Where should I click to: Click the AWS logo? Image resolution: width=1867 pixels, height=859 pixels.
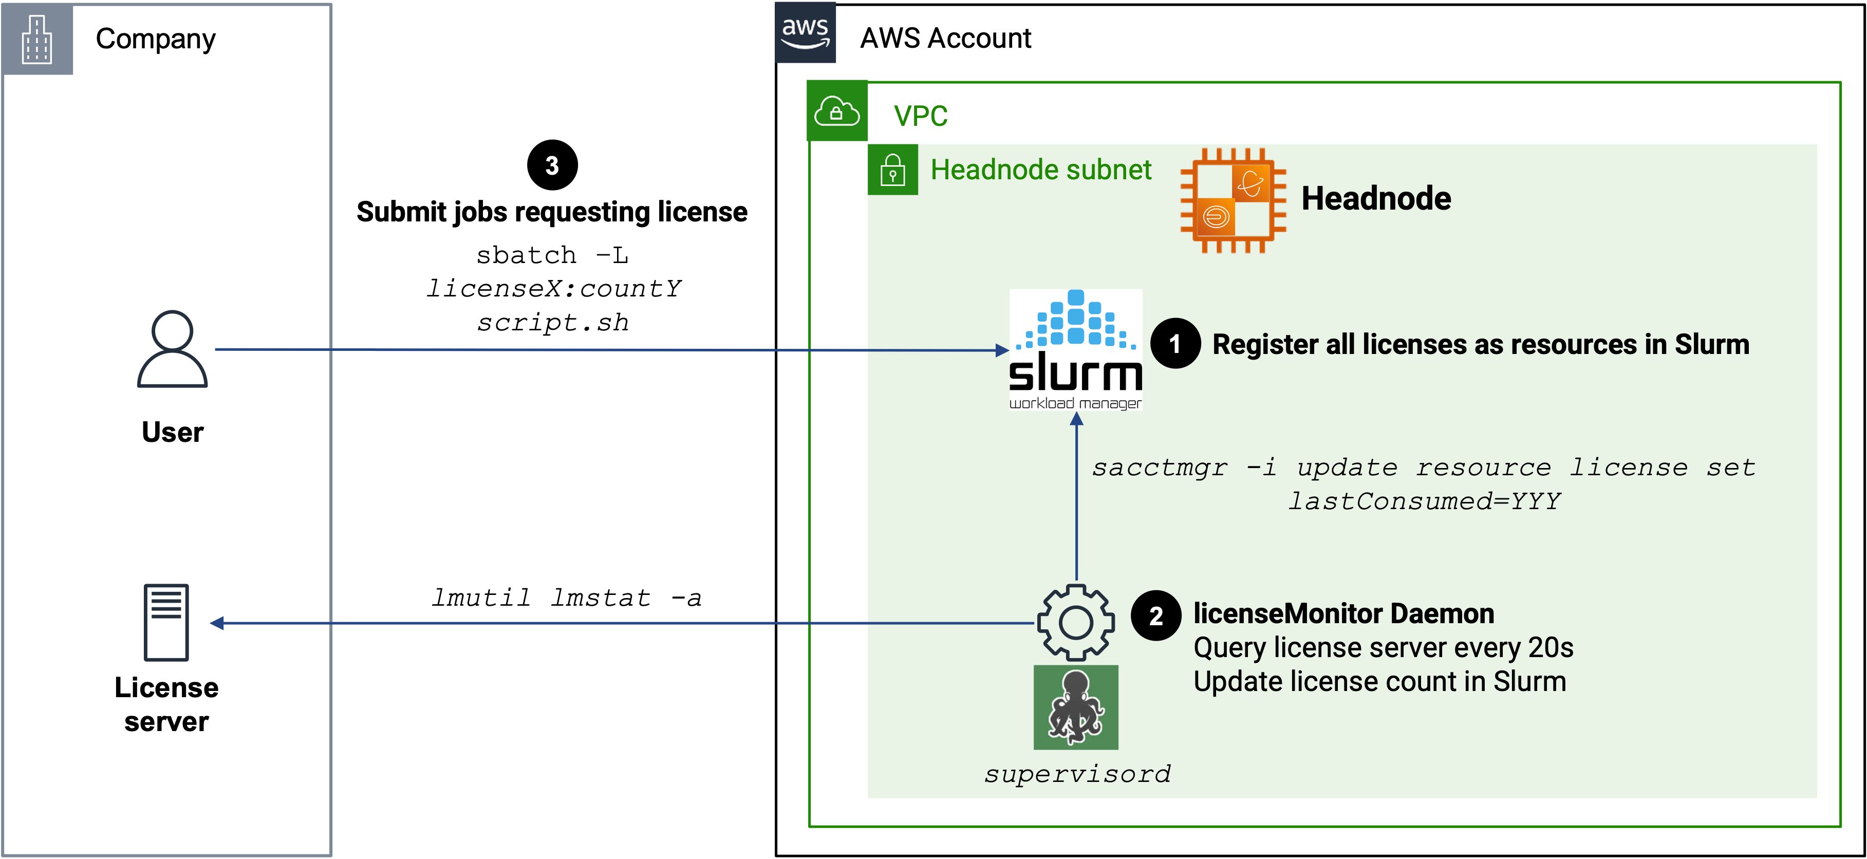click(x=805, y=32)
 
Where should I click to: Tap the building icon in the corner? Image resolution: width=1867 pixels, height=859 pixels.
click(x=37, y=39)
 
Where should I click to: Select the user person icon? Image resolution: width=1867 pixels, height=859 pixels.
click(x=173, y=349)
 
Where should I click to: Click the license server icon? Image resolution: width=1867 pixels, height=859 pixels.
click(x=166, y=622)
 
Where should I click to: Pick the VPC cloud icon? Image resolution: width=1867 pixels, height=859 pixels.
click(x=837, y=111)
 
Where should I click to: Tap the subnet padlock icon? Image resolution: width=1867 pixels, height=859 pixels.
click(x=893, y=171)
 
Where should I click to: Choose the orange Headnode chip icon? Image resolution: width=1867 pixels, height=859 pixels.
click(x=1233, y=200)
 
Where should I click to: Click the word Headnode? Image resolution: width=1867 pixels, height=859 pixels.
click(x=1376, y=199)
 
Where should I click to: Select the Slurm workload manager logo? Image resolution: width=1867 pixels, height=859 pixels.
click(x=1076, y=349)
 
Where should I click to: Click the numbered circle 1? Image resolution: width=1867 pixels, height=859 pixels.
click(x=1175, y=344)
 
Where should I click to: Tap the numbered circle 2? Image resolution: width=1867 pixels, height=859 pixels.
click(x=1156, y=615)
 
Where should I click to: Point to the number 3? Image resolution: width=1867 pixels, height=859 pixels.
click(x=552, y=166)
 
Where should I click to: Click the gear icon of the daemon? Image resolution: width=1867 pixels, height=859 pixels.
click(x=1076, y=622)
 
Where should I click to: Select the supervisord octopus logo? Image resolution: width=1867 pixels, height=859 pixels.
click(x=1076, y=707)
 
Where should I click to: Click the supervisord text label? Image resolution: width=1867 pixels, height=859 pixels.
click(x=1077, y=774)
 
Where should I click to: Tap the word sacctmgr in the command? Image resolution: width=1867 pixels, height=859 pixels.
click(x=1160, y=468)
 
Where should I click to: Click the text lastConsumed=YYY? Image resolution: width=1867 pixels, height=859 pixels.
click(x=1424, y=501)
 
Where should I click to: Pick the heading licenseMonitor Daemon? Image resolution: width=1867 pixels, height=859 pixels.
click(x=1343, y=613)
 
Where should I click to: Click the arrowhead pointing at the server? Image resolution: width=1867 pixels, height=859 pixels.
click(x=217, y=623)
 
